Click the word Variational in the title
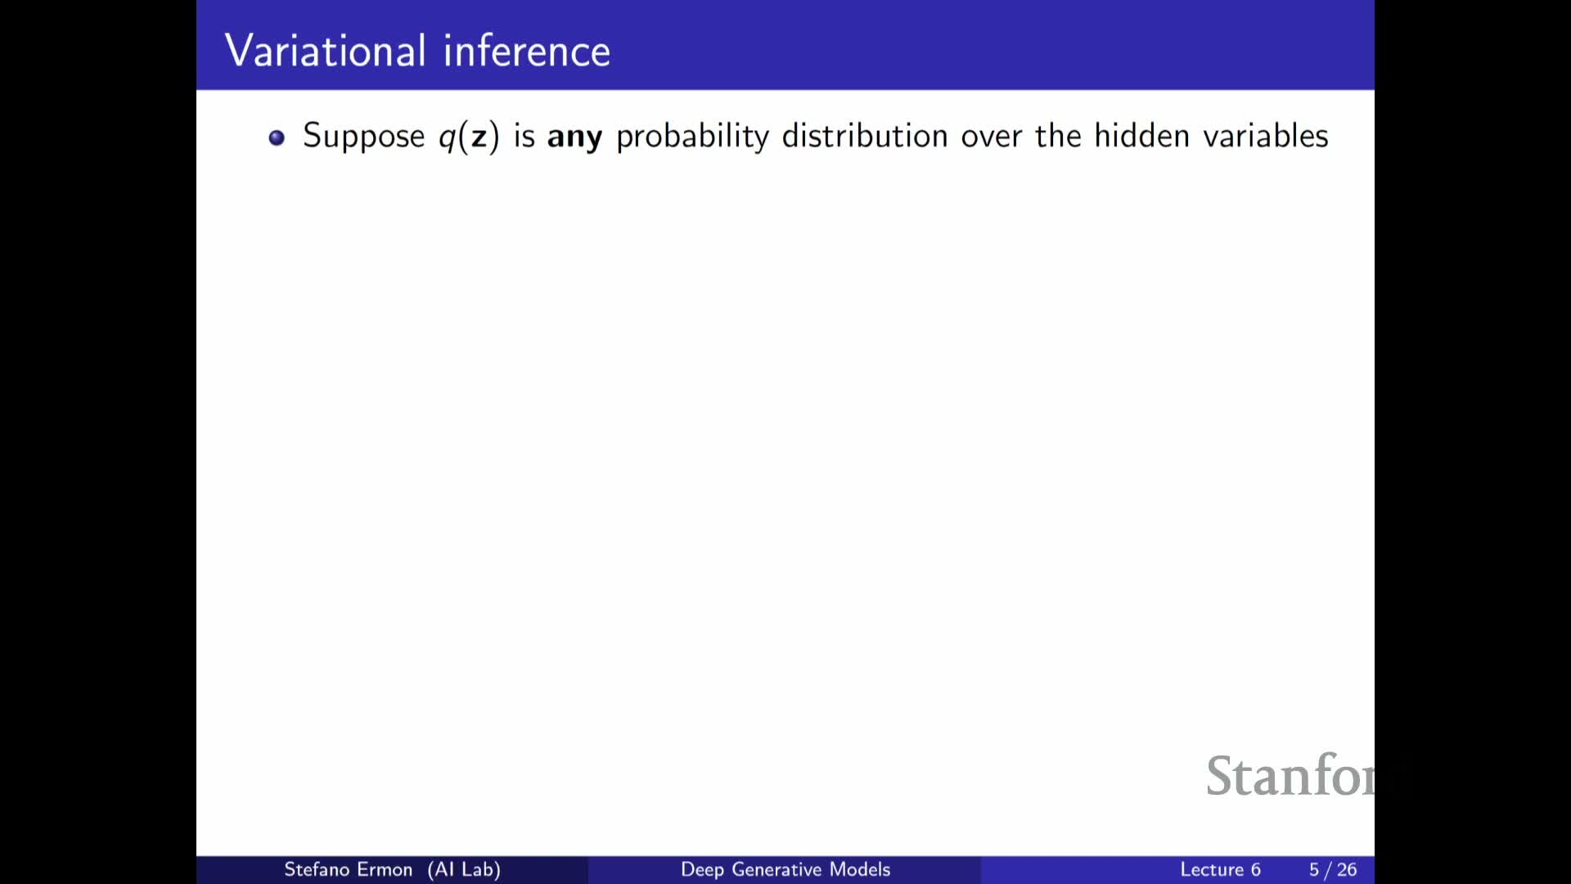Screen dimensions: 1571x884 (x=326, y=51)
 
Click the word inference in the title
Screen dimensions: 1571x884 (x=527, y=51)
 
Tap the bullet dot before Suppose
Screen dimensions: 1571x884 (x=277, y=138)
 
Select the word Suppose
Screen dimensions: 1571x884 (x=364, y=137)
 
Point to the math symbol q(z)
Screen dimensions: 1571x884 (x=469, y=137)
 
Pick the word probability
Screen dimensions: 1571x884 (x=692, y=137)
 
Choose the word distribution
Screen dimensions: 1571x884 (x=865, y=136)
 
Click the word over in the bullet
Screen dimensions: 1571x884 (x=992, y=138)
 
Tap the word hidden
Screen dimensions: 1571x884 (x=1141, y=135)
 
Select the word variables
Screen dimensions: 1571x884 (x=1266, y=135)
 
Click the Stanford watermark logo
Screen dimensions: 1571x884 (x=1290, y=775)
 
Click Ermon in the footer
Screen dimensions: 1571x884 (x=386, y=869)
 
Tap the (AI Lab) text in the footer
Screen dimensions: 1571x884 (x=464, y=869)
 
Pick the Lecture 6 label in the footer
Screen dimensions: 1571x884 (x=1220, y=869)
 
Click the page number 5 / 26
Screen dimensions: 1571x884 (x=1333, y=869)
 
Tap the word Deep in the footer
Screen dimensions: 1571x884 (x=702, y=870)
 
